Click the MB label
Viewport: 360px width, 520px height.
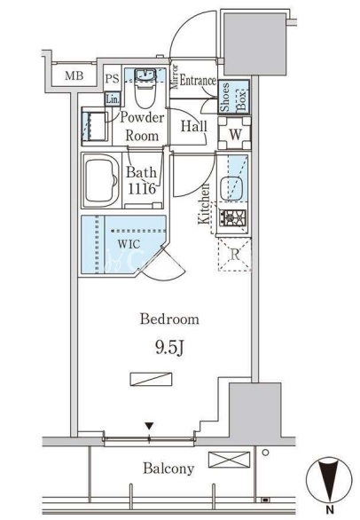point(74,76)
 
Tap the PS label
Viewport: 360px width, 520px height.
point(112,79)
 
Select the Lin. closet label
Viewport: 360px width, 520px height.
point(113,99)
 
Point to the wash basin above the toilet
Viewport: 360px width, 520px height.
point(145,75)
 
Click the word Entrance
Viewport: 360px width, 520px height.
point(198,81)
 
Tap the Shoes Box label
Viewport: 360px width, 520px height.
point(234,98)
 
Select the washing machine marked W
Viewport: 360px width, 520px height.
point(235,134)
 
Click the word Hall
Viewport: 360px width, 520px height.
point(194,126)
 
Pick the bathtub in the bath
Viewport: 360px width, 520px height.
point(101,180)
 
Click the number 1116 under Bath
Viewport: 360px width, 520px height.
point(142,189)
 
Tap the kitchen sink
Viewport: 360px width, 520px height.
point(231,189)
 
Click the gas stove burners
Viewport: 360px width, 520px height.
point(232,218)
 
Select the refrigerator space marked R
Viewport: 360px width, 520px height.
point(234,255)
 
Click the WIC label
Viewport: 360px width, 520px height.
point(129,244)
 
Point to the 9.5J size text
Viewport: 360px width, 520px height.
point(169,348)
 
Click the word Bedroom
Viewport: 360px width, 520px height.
point(169,319)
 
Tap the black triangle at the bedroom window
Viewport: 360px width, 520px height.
point(149,425)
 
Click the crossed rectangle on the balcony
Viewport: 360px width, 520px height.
point(229,460)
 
